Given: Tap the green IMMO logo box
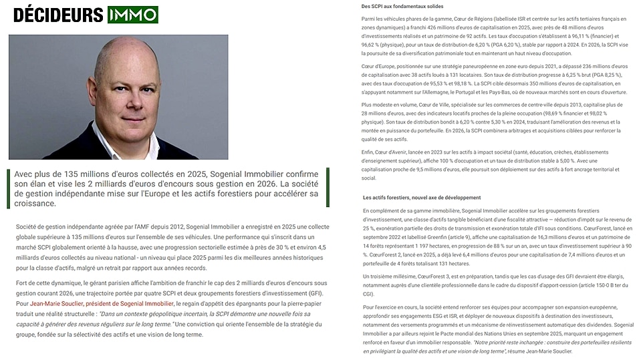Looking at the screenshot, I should [x=132, y=15].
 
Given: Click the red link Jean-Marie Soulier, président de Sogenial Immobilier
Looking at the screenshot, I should [x=101, y=304].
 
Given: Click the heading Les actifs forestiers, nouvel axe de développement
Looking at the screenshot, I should [x=421, y=198].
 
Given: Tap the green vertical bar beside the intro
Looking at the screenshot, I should [x=10, y=188].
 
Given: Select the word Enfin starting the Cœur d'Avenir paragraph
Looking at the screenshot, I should [x=368, y=152].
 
